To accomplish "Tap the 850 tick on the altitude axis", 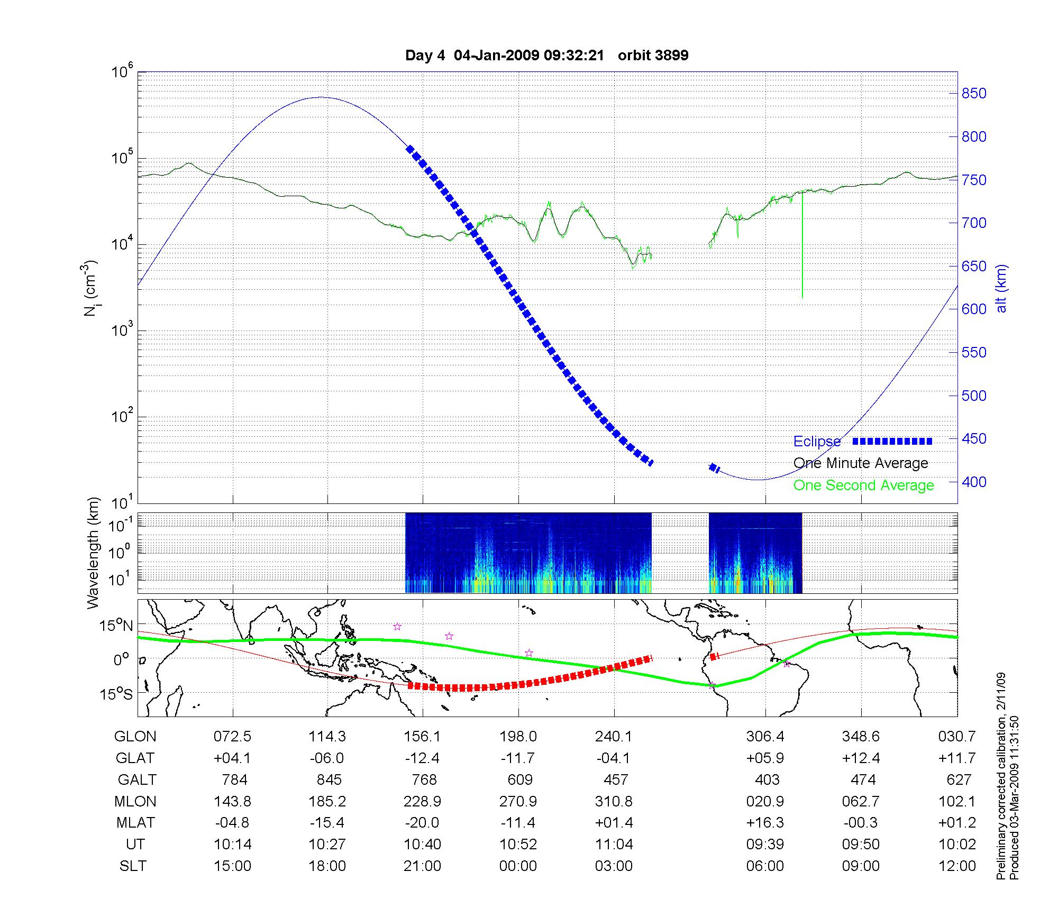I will (x=973, y=94).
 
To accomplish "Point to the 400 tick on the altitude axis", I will (x=973, y=482).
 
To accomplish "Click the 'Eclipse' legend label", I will (x=817, y=442).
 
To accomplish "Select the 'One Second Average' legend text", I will (x=863, y=485).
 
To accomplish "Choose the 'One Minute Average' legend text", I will (x=861, y=463).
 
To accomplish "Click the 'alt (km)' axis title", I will (x=1001, y=288).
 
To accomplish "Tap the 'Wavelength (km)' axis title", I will (x=93, y=553).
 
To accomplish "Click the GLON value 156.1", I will (x=422, y=736).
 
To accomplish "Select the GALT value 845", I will (x=329, y=779).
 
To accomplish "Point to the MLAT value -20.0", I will (x=422, y=823).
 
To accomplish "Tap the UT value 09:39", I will (x=765, y=845).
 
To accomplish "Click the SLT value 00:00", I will (x=518, y=866).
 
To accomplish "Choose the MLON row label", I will (x=135, y=801).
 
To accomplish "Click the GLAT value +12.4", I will (x=861, y=758).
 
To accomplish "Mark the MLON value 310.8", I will (x=614, y=801).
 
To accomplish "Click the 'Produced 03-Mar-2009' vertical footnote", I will (x=1014, y=793).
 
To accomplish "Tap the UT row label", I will (x=135, y=845).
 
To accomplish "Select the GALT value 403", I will (x=767, y=779).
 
